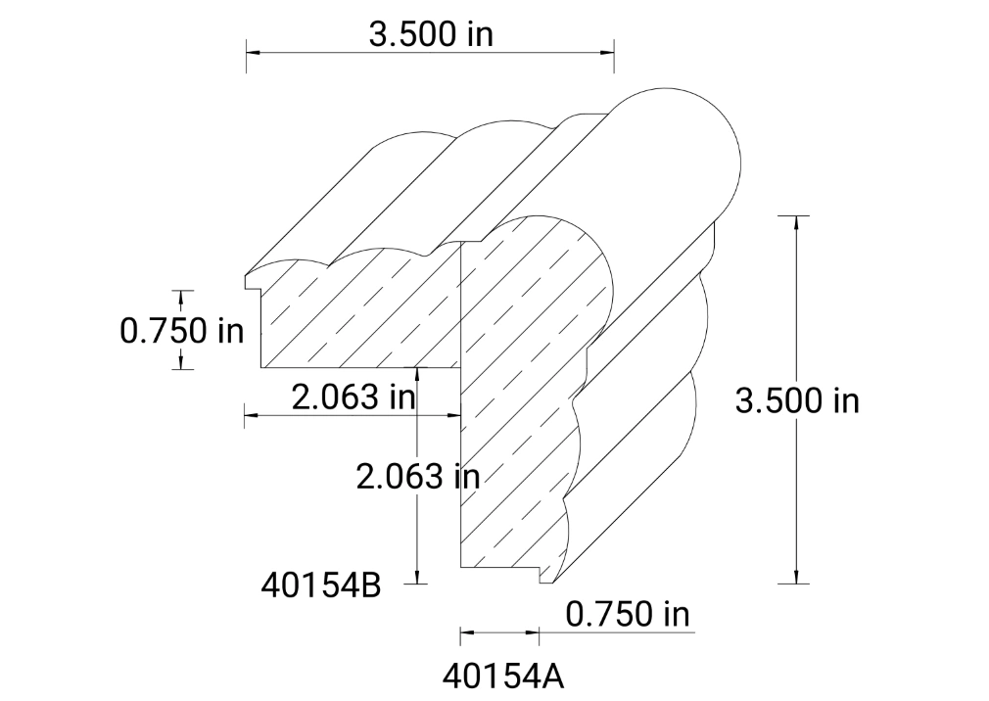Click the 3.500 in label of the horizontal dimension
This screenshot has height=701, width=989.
431,34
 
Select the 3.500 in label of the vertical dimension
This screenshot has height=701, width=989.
797,400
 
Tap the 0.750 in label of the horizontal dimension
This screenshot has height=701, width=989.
628,614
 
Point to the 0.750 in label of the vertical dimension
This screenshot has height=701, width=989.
182,330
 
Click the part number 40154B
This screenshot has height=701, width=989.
320,584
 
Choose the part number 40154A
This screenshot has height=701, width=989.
503,677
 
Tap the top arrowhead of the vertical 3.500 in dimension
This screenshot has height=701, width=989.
796,222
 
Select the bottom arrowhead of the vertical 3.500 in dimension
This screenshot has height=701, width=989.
796,577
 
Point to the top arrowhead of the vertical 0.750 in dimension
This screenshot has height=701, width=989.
182,297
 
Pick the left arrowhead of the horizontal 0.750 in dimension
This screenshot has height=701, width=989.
466,633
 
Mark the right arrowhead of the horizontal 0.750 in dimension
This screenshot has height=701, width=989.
534,633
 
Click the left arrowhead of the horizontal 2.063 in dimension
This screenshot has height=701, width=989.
251,415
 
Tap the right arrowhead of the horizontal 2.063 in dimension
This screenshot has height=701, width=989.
454,415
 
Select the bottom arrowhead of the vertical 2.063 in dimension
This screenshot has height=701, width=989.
418,577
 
